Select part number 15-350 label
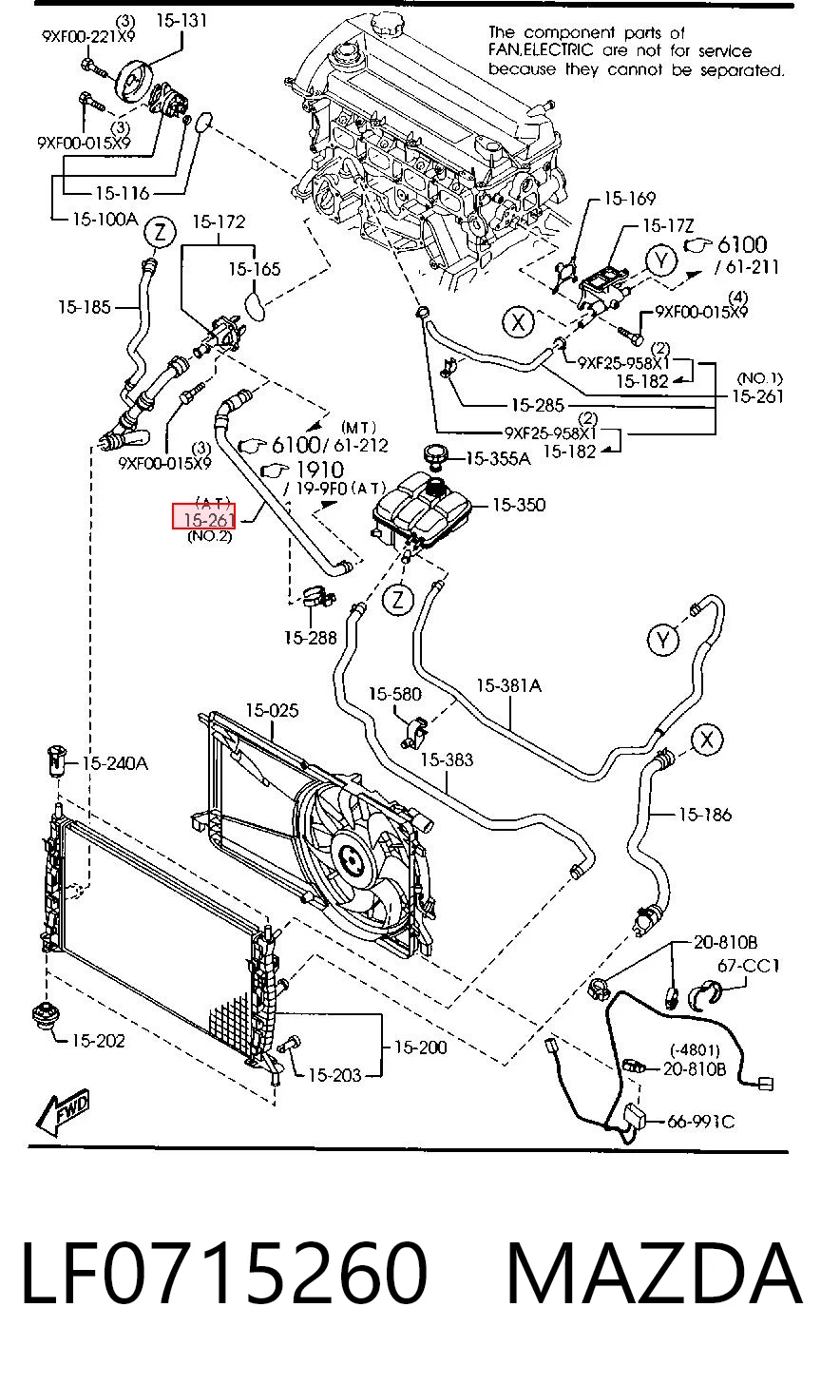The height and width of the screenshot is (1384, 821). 519,505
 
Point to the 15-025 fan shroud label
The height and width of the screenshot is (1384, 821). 272,711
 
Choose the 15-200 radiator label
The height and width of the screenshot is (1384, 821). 420,1048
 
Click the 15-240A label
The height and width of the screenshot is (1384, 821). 115,763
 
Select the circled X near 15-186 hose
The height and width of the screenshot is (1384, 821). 707,740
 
